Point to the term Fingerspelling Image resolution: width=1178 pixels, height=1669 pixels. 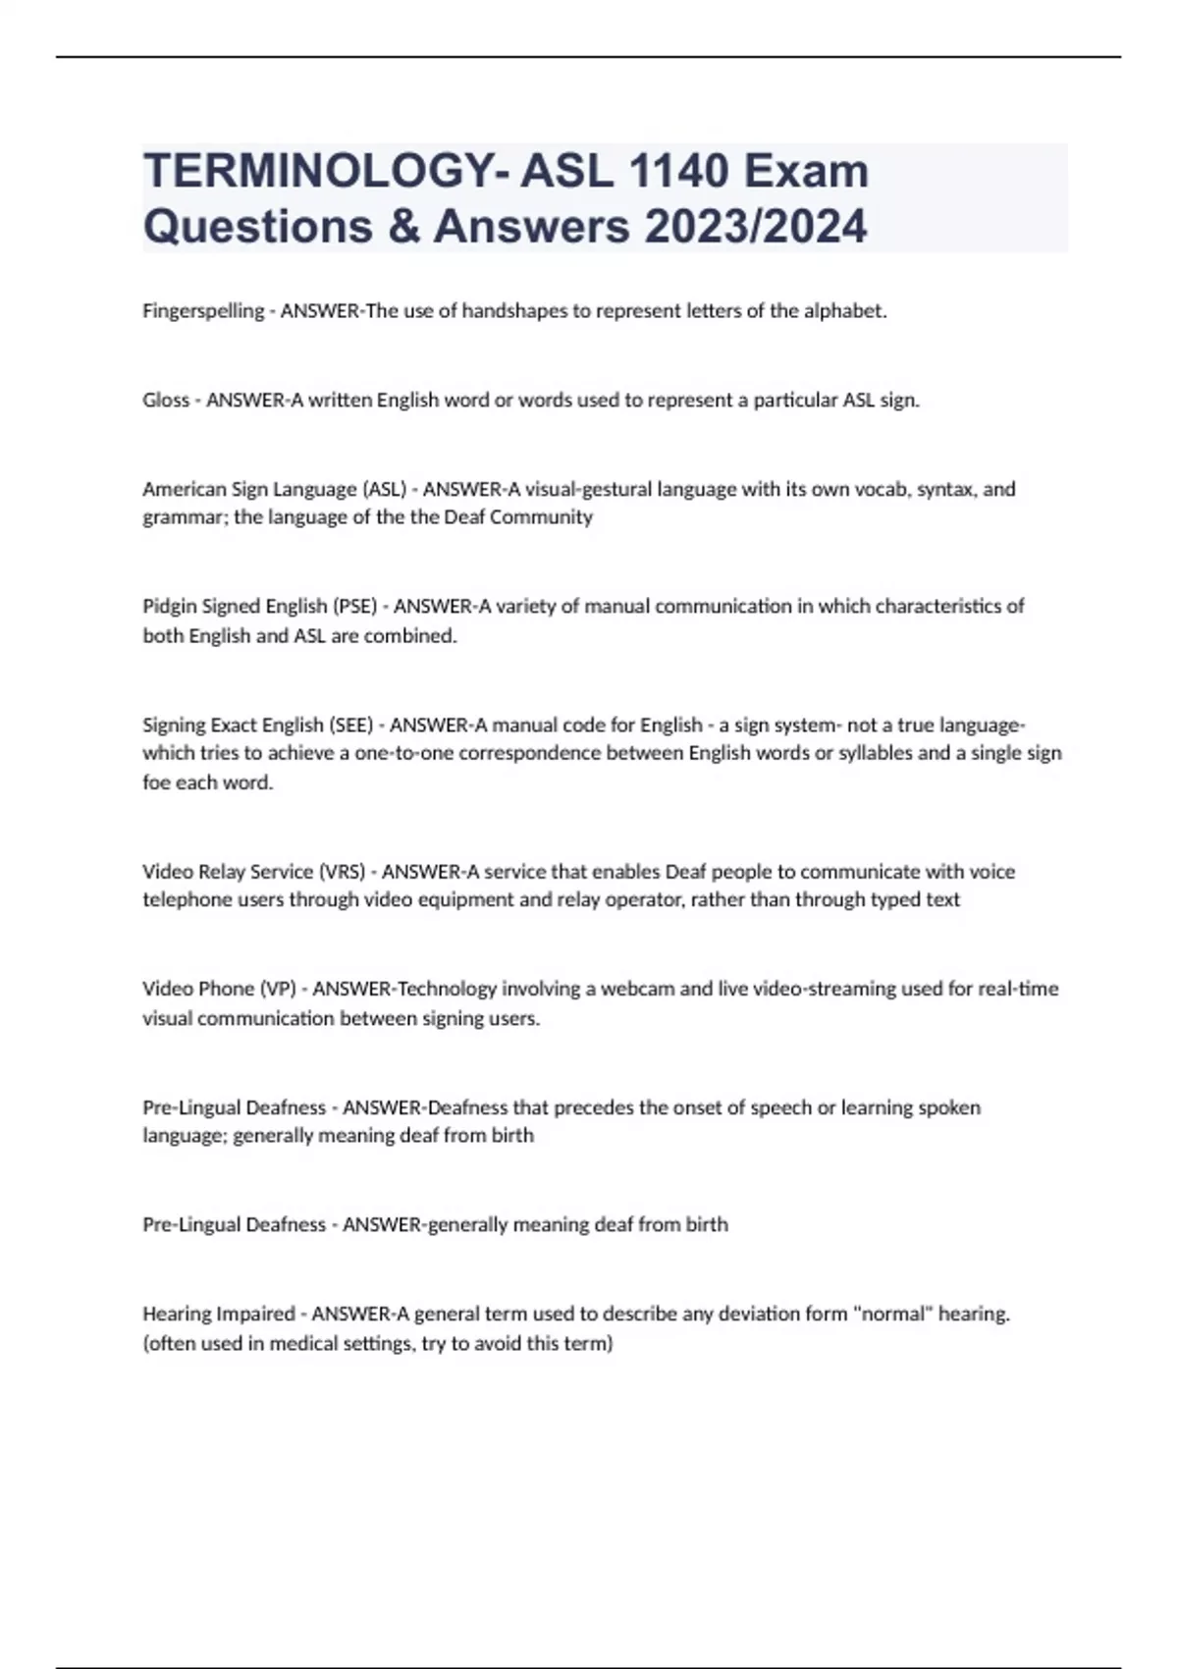tap(203, 311)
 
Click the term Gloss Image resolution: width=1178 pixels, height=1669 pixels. tap(166, 401)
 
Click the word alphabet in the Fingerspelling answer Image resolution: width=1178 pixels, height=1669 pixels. tap(845, 311)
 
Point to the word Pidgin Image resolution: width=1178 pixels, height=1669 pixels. tap(169, 606)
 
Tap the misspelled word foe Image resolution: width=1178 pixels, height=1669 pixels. tap(157, 783)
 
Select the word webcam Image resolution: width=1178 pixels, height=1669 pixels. tap(637, 989)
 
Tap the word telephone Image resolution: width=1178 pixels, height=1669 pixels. tap(187, 899)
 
